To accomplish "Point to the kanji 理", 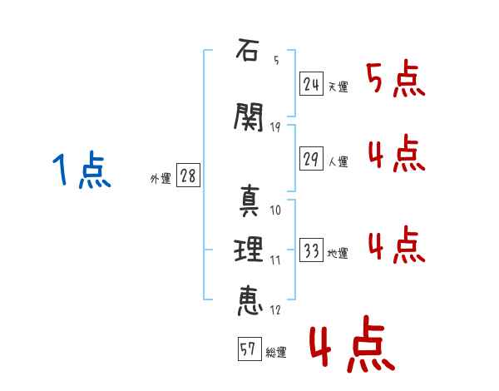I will pos(249,250).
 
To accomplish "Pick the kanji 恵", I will pos(249,300).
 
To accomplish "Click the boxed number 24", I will pos(312,84).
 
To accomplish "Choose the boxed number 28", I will pos(188,176).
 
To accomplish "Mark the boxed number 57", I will pos(249,350).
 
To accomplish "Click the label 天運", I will pos(338,87).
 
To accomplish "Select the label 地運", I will pos(338,254).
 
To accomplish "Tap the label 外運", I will pos(160,178).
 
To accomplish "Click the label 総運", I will pos(275,353).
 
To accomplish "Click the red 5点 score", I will pos(396,81).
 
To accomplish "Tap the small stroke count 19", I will pos(275,126).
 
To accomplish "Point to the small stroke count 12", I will pos(275,310).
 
